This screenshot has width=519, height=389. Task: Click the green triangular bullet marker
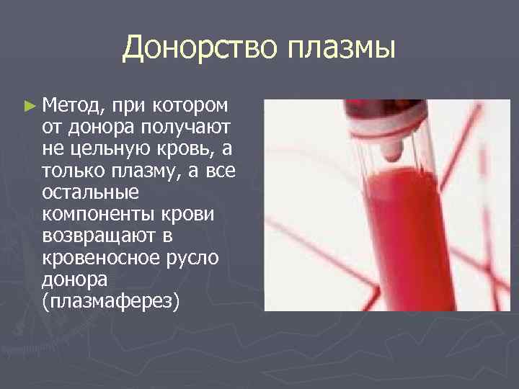[28, 107]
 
